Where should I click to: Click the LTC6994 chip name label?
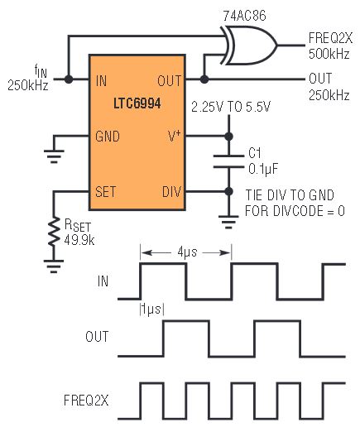(x=137, y=103)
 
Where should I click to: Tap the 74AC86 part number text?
(x=244, y=16)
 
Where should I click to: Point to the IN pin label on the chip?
(x=101, y=81)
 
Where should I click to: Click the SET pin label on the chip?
(x=106, y=191)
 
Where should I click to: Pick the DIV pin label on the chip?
(x=171, y=192)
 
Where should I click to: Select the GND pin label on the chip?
(x=108, y=137)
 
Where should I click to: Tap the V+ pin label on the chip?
(x=175, y=136)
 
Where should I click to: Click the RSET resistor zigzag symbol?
(x=54, y=231)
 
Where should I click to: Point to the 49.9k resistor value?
(x=79, y=240)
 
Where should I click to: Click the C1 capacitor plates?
(x=228, y=161)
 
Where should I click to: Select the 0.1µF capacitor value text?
(x=263, y=169)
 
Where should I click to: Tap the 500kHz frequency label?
(x=329, y=54)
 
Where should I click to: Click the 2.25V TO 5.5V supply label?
(x=231, y=107)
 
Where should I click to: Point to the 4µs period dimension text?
(x=187, y=252)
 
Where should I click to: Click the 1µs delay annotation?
(x=152, y=309)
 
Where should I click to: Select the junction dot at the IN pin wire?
(x=69, y=79)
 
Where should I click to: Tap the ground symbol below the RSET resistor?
(x=54, y=266)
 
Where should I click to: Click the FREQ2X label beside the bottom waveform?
(x=86, y=401)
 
